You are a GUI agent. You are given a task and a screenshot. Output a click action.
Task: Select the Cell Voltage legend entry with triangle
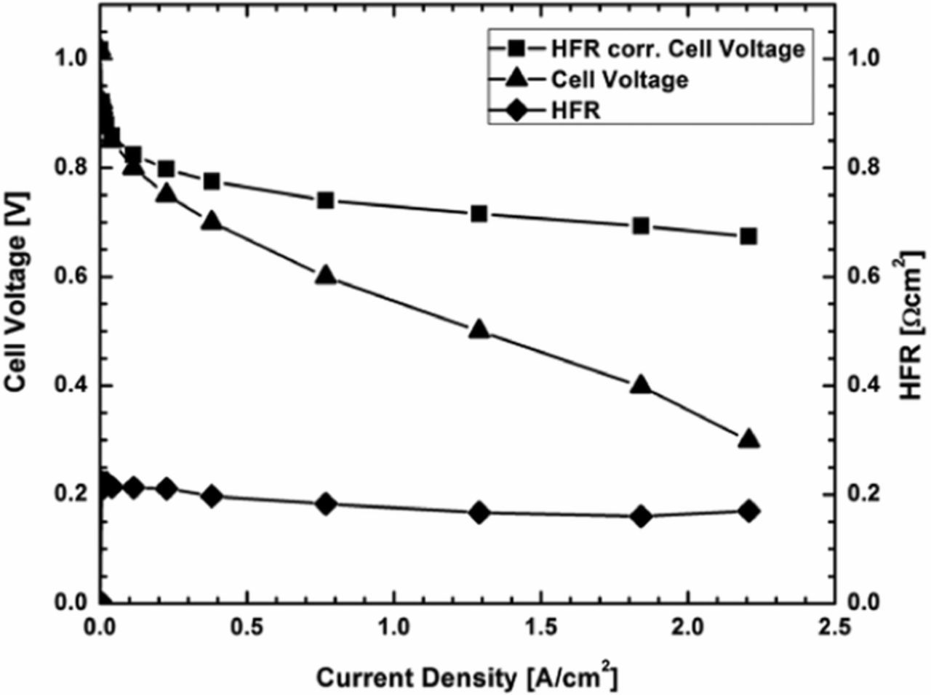tap(618, 79)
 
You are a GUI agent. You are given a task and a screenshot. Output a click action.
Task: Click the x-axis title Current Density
tap(467, 676)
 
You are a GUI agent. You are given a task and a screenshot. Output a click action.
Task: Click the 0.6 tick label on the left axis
tap(71, 277)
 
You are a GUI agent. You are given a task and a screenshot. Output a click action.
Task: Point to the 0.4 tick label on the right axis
tap(863, 385)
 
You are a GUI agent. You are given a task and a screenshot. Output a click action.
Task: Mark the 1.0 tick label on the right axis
tap(863, 58)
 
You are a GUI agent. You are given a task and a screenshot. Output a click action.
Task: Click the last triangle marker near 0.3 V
tap(748, 439)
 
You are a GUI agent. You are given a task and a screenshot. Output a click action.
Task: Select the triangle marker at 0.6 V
tap(326, 276)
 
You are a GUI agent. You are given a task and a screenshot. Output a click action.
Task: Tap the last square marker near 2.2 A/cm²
tap(748, 236)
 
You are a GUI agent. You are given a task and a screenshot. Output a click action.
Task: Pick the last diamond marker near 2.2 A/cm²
tap(748, 511)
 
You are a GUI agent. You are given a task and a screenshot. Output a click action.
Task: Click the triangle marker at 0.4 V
tap(641, 385)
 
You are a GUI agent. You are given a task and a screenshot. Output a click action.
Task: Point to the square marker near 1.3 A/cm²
tap(479, 214)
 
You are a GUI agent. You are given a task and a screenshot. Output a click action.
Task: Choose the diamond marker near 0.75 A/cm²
tap(326, 504)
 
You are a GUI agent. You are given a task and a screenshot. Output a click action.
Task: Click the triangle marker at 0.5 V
tap(479, 329)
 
